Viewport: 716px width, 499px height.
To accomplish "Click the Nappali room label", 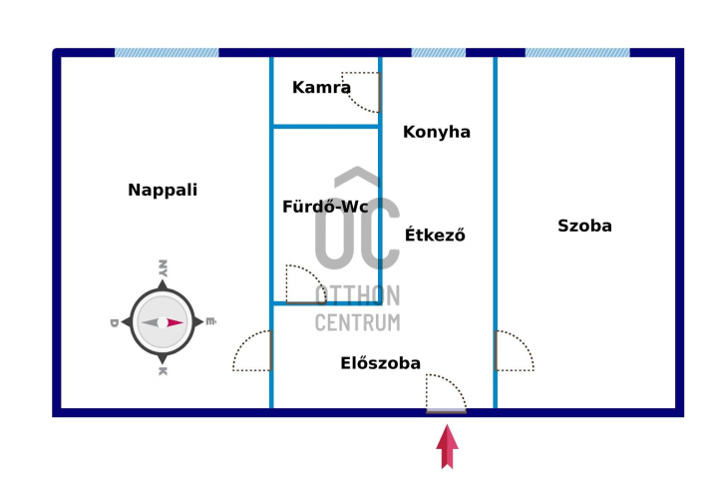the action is [x=163, y=190].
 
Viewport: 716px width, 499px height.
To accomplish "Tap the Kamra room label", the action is [x=321, y=87].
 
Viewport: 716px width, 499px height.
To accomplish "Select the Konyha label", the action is [x=437, y=133].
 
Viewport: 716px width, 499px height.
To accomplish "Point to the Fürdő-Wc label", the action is [x=325, y=207].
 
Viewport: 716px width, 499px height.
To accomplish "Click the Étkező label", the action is [x=435, y=235].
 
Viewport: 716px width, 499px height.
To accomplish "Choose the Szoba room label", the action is [x=584, y=226].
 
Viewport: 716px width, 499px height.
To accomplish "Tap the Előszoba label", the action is [x=380, y=363].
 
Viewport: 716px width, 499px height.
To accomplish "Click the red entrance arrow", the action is [x=447, y=446].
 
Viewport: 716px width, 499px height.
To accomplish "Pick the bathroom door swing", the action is [x=306, y=283].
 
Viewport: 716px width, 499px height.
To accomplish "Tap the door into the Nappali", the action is [x=252, y=350].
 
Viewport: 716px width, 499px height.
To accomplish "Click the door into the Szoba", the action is [x=515, y=350].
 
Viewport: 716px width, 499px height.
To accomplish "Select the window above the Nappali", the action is [x=167, y=53].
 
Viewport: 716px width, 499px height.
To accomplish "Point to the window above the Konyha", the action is [x=439, y=53].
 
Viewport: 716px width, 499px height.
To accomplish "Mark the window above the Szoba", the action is [x=577, y=53].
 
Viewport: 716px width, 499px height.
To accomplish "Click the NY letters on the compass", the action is [x=163, y=268].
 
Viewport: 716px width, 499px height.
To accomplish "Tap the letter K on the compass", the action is [x=163, y=371].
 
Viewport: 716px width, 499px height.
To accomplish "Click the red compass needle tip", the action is [x=183, y=322].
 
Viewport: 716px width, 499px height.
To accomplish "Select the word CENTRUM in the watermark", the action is [x=358, y=322].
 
